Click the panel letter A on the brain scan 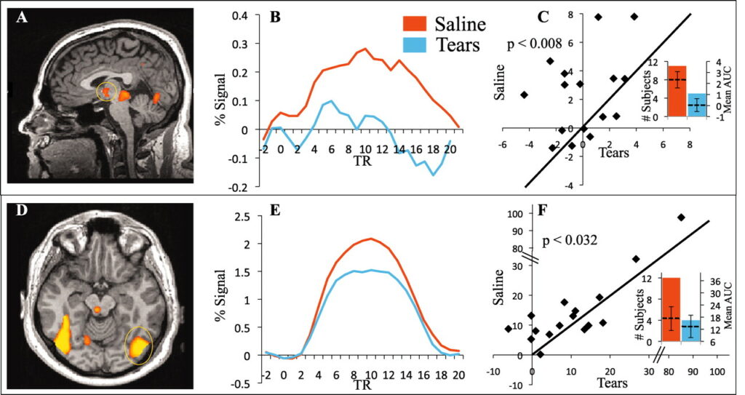(x=23, y=18)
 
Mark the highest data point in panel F (x=681, y=218)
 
